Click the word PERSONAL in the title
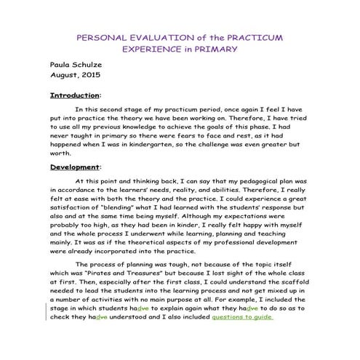[x=103, y=36]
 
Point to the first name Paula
[x=61, y=63]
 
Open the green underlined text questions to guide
[x=242, y=318]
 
